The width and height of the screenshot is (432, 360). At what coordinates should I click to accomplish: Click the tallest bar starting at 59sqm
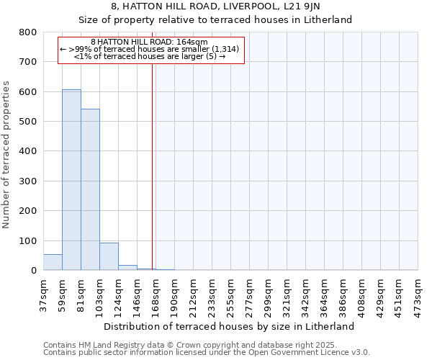71,180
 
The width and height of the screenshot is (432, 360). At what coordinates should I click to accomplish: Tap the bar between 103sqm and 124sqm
109,256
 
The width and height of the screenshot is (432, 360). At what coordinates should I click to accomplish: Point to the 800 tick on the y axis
28,32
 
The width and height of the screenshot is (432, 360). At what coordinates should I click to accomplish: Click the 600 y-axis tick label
28,92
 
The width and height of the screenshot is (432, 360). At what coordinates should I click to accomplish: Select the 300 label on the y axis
28,181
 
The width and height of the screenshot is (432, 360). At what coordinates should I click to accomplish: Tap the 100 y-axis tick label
28,241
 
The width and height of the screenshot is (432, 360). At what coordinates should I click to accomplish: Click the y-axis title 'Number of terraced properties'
7,154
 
